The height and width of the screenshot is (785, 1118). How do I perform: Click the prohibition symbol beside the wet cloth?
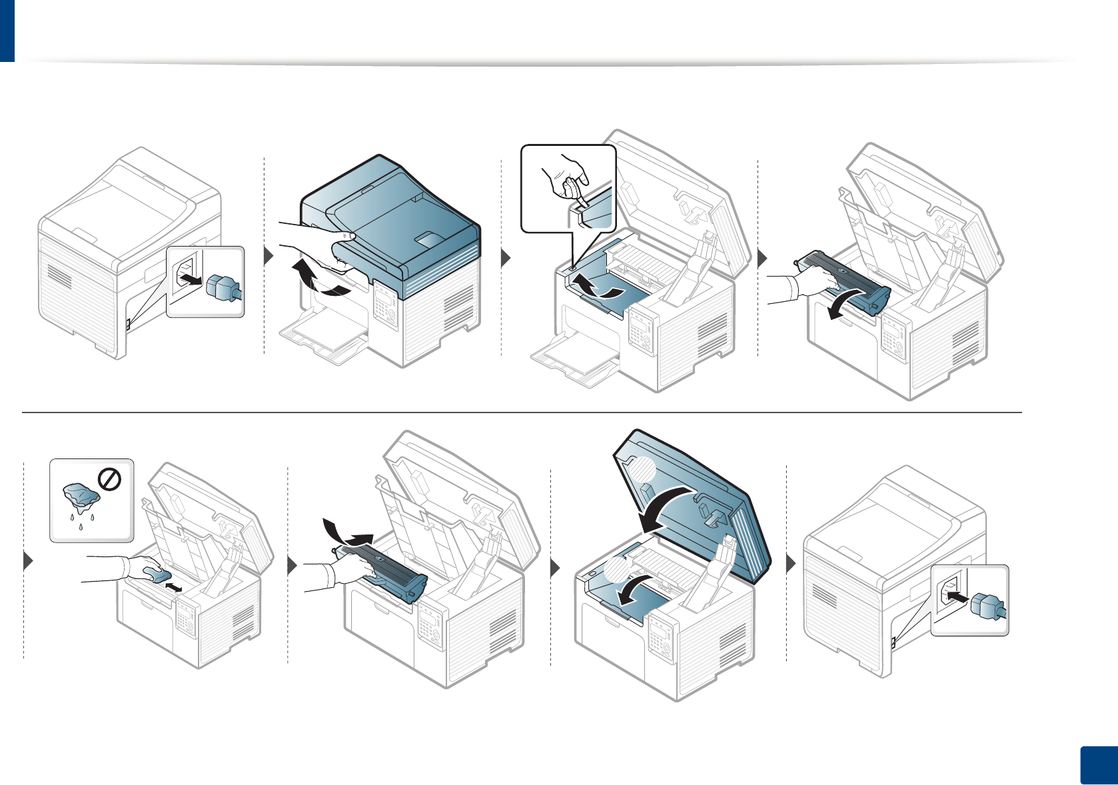pos(109,480)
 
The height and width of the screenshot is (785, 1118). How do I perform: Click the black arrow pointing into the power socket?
pos(956,597)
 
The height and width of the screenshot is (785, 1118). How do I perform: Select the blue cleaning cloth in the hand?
pos(157,574)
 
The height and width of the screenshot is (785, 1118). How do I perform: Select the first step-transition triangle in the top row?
pos(269,257)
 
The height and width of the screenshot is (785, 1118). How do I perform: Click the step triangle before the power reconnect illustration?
pos(792,564)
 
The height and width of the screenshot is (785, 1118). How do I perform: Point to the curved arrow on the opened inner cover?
pos(596,287)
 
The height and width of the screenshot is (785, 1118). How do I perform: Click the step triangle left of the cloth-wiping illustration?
pos(28,561)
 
